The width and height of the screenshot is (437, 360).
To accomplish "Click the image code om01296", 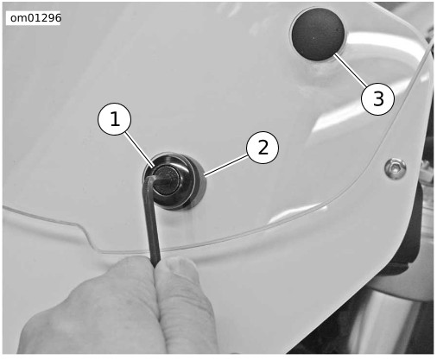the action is (35, 18).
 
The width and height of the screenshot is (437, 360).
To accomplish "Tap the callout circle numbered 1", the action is (115, 119).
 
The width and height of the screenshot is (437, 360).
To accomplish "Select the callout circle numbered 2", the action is (263, 148).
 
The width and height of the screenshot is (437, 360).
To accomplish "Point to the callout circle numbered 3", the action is (377, 98).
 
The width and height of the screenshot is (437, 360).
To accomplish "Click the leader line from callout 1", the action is (139, 150).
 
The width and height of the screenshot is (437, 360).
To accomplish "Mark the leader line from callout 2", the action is (226, 165).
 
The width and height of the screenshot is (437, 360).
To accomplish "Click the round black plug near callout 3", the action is (318, 35).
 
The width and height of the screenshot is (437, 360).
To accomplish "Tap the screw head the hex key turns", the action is (166, 180).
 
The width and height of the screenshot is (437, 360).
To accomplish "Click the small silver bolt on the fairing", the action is (396, 167).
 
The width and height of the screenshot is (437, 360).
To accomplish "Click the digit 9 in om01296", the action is (48, 18).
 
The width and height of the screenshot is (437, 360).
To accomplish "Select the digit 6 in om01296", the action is (58, 18).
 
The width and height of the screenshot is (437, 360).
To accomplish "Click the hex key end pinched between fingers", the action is (155, 262).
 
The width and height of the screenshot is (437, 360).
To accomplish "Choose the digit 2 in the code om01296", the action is (42, 18).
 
